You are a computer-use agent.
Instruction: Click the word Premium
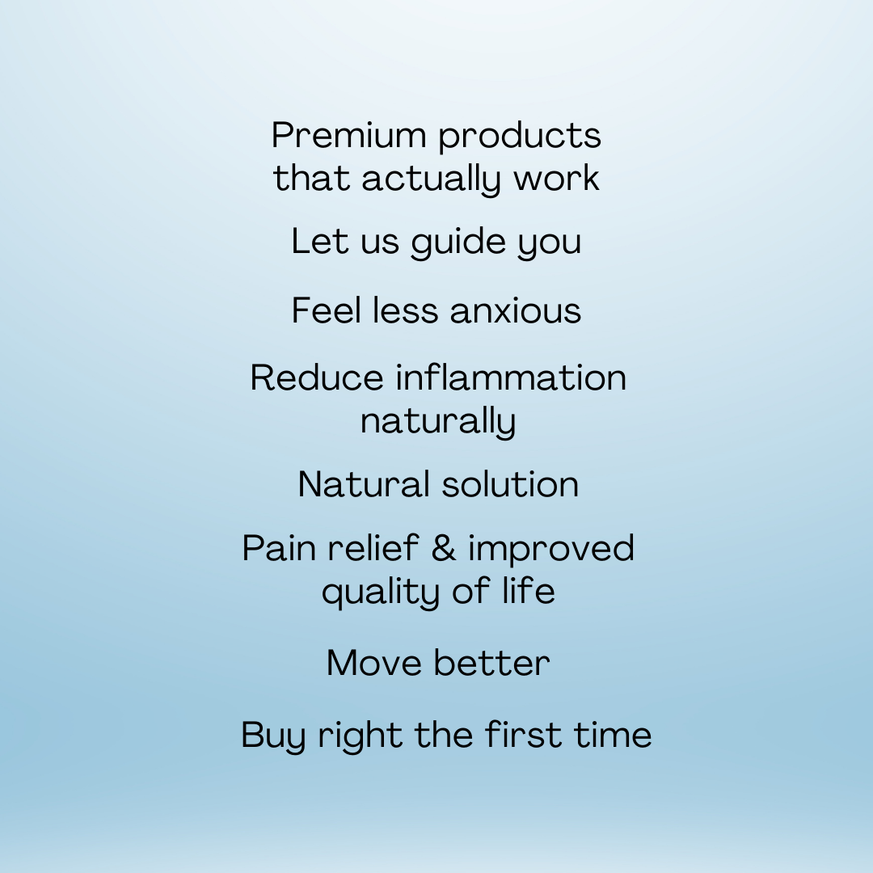pos(348,135)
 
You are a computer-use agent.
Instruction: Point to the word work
pos(556,178)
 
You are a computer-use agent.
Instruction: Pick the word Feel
pos(327,310)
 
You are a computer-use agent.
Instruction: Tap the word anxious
pos(516,311)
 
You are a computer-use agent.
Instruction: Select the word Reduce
pos(317,377)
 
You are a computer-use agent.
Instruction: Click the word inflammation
pos(511,377)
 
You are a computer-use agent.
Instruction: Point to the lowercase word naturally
pos(438,421)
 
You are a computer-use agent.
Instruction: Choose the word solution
pos(511,484)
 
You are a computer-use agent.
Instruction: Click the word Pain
pos(279,548)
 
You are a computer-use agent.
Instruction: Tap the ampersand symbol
pos(444,548)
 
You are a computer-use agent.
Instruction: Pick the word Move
pos(373,663)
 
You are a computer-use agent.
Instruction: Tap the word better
pos(492,663)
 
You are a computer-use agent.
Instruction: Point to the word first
pos(523,734)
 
